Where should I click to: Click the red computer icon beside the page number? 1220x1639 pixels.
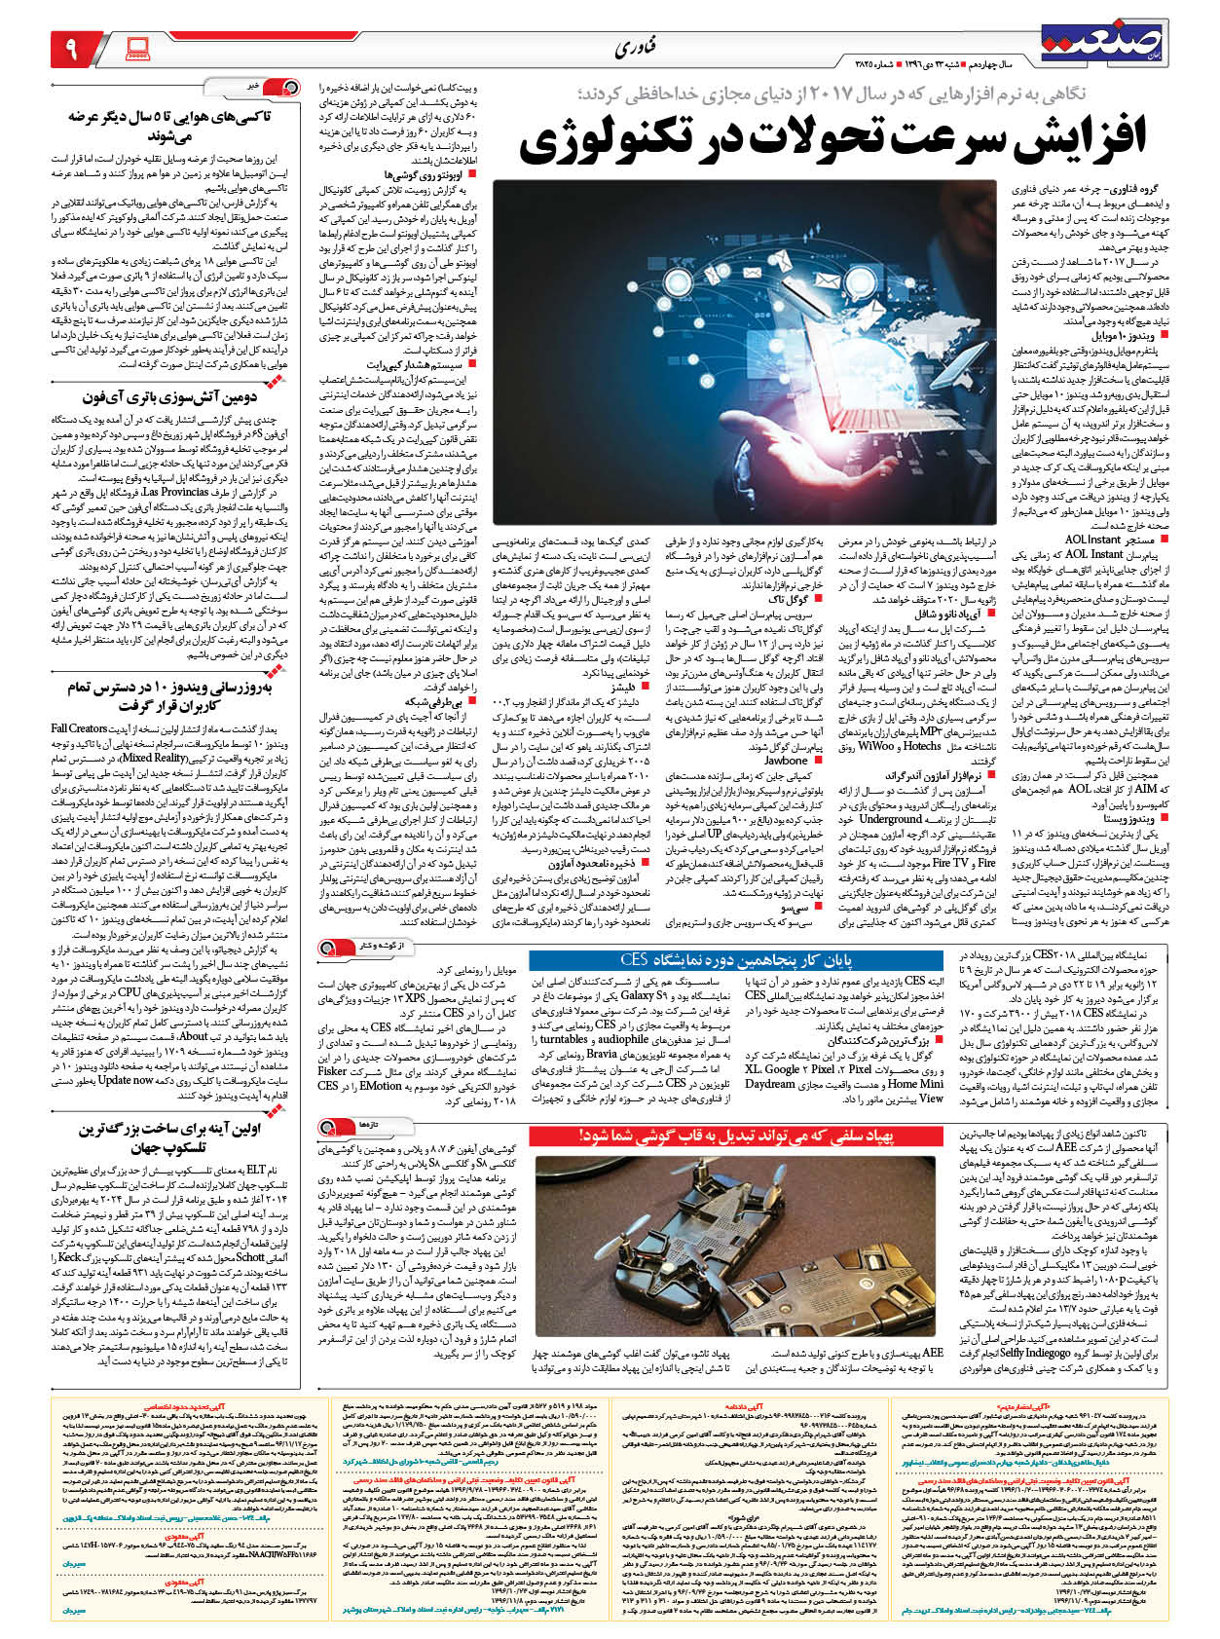click(x=137, y=46)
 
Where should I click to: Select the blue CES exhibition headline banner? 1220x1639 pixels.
click(x=737, y=959)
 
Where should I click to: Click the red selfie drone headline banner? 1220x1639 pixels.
click(x=737, y=1136)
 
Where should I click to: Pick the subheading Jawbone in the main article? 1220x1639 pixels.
click(x=786, y=761)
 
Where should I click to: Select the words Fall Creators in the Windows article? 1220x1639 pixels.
click(x=80, y=727)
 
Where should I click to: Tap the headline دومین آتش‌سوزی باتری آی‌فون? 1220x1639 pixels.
click(x=181, y=396)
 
